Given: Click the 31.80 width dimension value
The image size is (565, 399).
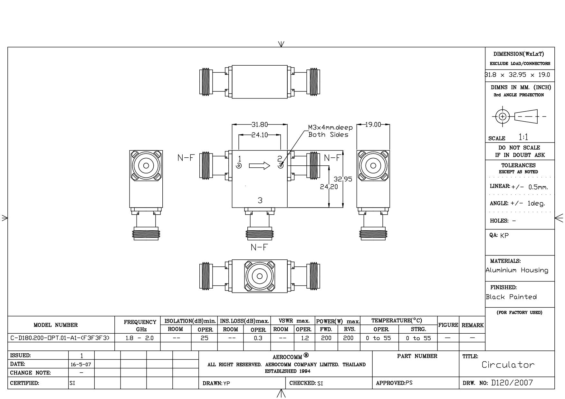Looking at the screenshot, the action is coord(260,125).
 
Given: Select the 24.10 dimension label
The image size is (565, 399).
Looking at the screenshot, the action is coord(260,135).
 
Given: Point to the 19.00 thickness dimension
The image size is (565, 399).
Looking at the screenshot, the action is coord(373,125).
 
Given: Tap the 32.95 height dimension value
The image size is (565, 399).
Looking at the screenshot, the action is coord(343,179).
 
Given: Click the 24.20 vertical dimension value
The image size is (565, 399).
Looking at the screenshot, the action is coord(329,187).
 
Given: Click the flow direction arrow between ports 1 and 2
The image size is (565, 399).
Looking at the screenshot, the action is coord(259,166).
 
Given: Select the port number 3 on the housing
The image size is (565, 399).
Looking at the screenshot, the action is coord(260,200).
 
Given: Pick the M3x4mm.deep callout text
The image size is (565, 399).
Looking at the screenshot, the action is coord(330,128).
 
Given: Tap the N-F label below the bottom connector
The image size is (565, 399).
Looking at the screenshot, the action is coord(259,247).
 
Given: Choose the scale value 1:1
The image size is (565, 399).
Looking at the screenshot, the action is coord(523,137).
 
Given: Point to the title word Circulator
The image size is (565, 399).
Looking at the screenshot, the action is coord(508,365).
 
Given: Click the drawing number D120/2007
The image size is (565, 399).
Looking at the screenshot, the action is coord(512,383).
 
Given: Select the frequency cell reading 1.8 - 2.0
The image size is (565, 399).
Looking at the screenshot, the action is coord(139,338).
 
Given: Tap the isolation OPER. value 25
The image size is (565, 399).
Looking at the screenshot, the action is coord(205,338).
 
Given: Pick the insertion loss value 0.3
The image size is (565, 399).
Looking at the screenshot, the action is coord(258,338).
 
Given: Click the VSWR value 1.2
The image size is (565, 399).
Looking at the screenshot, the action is coord(305,338).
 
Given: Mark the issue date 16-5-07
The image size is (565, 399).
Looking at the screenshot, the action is coord(81,365).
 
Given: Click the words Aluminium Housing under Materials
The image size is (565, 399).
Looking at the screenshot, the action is coord(517,270).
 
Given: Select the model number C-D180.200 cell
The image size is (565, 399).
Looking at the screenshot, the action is coord(60,338).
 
